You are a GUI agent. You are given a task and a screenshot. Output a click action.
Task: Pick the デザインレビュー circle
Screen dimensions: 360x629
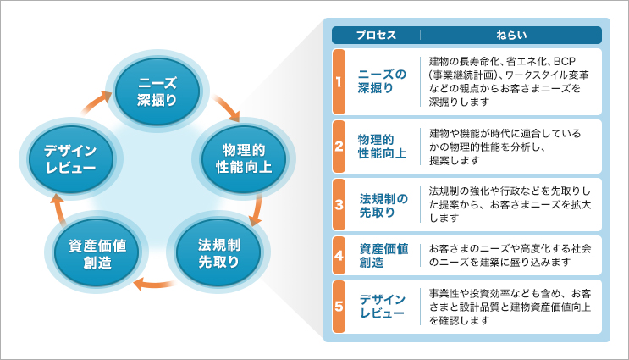point(71,158)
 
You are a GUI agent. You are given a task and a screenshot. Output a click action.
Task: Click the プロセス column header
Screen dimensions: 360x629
point(376,36)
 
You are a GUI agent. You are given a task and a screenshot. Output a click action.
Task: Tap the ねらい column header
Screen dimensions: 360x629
point(511,36)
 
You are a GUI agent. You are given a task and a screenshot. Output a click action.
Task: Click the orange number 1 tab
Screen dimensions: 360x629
point(338,82)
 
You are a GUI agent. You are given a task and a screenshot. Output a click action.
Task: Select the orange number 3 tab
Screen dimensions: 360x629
point(338,204)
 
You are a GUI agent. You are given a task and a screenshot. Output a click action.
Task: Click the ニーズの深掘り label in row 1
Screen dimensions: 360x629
point(383,82)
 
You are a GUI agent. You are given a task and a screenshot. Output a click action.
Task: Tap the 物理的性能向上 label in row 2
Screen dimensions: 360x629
point(383,146)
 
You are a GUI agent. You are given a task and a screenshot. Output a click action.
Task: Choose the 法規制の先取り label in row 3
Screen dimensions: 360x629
point(383,204)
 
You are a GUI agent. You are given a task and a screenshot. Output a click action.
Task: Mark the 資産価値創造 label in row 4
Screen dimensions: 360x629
point(383,255)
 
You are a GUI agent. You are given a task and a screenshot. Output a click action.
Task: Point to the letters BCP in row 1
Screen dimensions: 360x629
point(563,62)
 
